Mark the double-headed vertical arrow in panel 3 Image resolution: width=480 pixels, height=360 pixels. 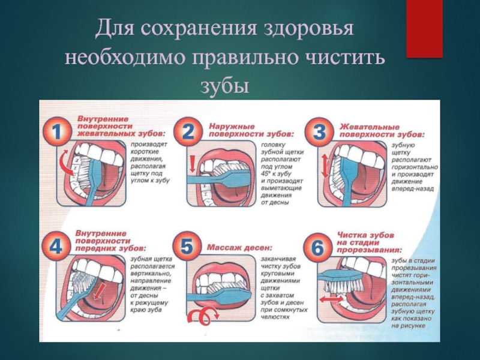click(x=325, y=165)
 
